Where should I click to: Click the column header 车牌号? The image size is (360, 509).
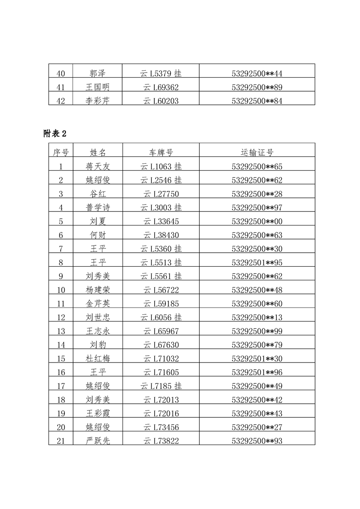pos(161,152)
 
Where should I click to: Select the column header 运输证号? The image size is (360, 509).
pos(257,152)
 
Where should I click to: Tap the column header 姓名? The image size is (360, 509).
pos(98,152)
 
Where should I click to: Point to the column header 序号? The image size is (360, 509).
pos(61,152)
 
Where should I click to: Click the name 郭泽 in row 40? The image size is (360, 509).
pos(98,73)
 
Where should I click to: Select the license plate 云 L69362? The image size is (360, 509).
pos(161,87)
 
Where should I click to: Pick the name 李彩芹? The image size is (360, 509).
pos(98,101)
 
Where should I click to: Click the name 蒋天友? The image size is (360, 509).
pos(98,166)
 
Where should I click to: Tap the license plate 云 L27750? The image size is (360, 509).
pos(161,194)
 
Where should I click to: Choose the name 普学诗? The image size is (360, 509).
pos(98,208)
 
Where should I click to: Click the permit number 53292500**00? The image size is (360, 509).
pos(257,221)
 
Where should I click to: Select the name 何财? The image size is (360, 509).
pos(98,235)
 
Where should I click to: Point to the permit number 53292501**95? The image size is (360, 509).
pos(257,263)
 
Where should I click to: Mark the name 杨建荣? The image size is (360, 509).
pos(98,290)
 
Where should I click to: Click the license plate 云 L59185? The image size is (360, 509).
pos(161,303)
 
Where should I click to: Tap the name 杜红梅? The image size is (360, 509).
pos(98,358)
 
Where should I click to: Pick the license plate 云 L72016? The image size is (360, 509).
pos(161,413)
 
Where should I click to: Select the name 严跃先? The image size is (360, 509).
pos(98,440)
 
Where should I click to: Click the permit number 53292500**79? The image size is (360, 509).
pos(257,345)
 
